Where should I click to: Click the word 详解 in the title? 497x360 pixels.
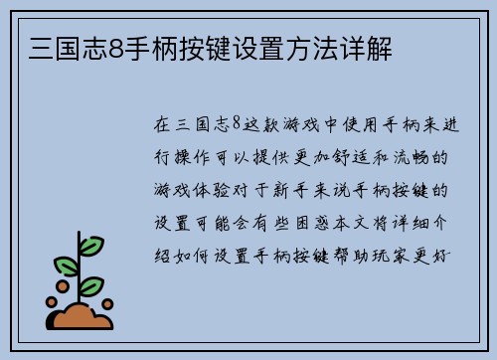371,47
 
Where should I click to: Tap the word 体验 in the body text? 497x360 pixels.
220,189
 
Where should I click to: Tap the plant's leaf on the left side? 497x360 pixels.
66,267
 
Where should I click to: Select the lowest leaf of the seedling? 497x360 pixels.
90,285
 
